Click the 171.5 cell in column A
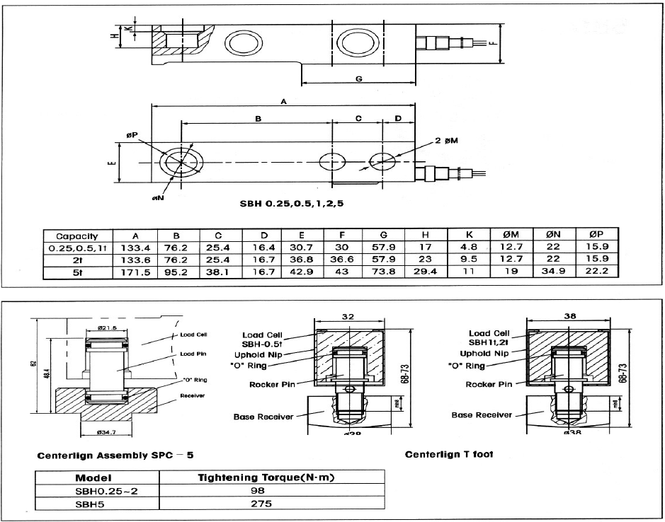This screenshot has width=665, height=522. click(x=137, y=273)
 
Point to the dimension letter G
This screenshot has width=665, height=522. click(x=359, y=79)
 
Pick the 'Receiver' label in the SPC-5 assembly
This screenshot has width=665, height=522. click(x=191, y=396)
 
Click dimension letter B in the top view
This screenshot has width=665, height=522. click(x=258, y=120)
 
